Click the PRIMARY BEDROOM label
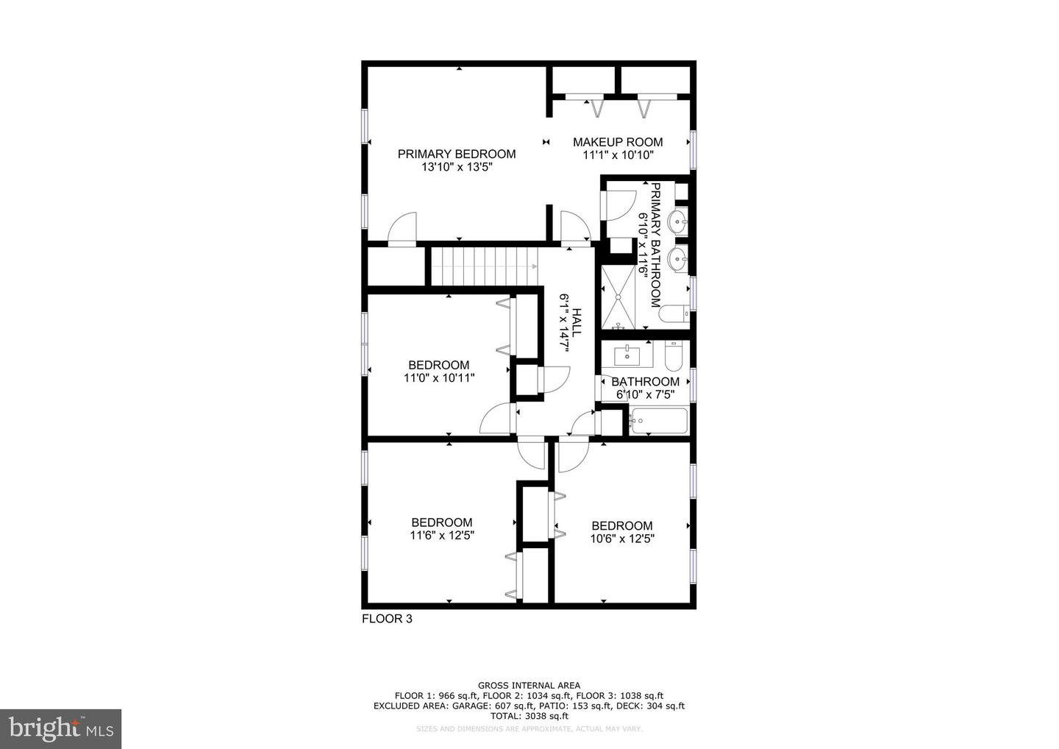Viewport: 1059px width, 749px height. pos(456,154)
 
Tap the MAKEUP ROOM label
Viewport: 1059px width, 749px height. pos(618,142)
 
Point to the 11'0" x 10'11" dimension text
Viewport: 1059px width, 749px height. pos(439,378)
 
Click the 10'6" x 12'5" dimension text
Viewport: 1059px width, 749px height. pos(622,539)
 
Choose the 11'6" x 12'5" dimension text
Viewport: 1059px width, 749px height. pos(442,536)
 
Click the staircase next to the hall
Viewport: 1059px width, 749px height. pos(483,266)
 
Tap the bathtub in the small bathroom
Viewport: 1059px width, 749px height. pos(657,422)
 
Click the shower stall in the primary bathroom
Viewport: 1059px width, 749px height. pos(618,297)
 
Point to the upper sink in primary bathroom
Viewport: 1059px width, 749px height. pos(677,220)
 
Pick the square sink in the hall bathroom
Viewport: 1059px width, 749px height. pos(627,355)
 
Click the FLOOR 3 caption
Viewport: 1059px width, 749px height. pos(387,619)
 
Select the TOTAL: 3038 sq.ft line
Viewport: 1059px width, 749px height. pos(529,715)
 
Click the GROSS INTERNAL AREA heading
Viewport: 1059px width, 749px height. pos(529,686)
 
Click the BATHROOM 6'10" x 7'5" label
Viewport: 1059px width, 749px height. pos(646,388)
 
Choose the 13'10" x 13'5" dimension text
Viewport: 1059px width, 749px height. pos(456,167)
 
